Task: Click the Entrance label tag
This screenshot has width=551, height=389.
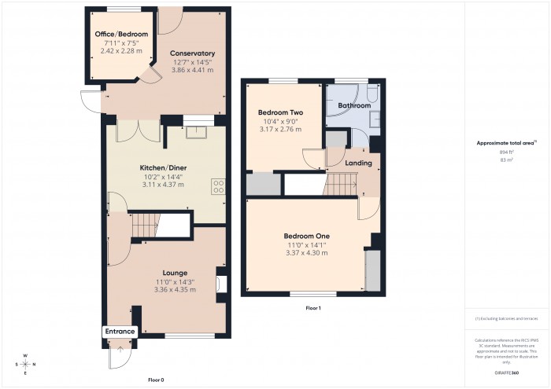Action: (120, 332)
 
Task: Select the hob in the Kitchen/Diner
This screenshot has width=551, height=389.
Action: (218, 187)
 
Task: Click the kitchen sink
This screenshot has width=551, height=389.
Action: (194, 131)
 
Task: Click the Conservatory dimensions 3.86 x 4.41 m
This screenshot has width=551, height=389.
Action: (193, 71)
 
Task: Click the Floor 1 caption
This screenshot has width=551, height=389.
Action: (314, 308)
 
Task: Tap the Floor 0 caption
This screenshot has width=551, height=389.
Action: (156, 357)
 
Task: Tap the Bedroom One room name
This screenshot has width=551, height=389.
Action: (306, 236)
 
